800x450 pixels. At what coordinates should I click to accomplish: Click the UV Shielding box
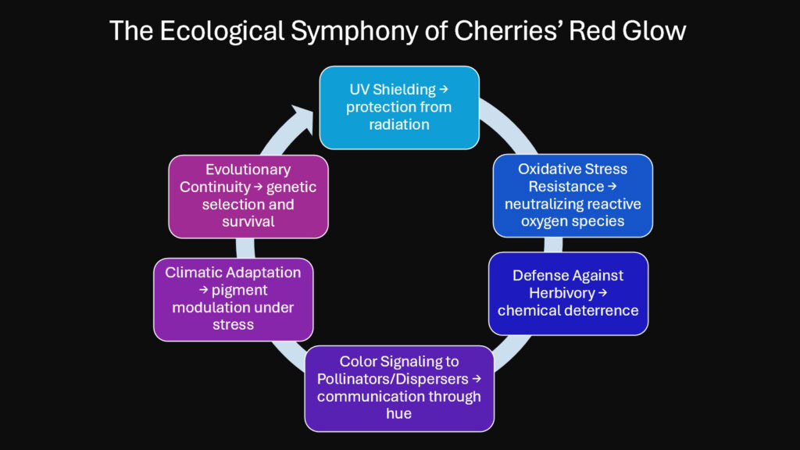point(398,108)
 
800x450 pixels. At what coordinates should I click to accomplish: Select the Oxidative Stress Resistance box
point(573,195)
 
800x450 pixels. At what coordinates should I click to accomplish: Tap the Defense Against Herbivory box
point(568,293)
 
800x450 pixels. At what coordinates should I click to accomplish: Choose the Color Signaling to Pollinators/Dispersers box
point(398,387)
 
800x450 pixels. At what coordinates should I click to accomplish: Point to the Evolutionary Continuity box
point(248,196)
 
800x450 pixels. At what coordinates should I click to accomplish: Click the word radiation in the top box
point(398,124)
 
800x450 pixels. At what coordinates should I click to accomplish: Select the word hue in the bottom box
point(398,413)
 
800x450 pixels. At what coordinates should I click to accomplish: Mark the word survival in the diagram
point(248,221)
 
